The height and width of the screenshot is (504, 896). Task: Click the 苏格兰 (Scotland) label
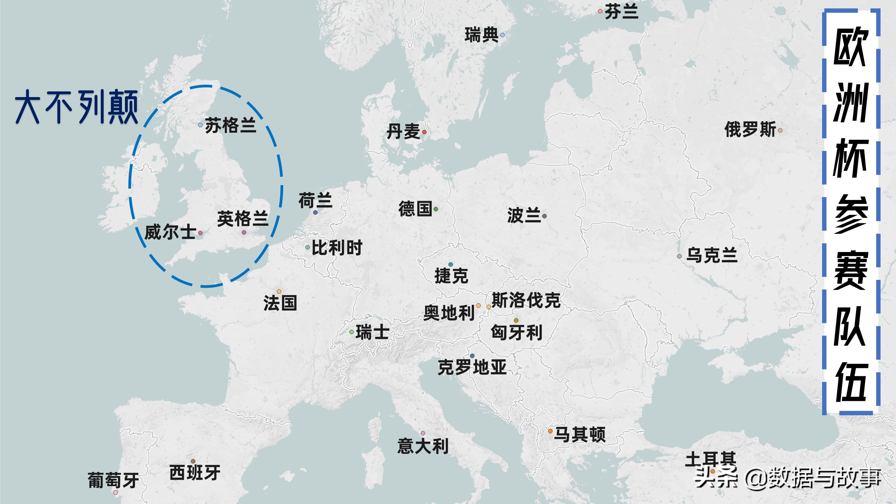pos(230,125)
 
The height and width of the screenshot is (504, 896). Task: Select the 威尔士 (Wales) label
pos(170,232)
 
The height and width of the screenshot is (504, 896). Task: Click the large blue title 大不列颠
pos(77,107)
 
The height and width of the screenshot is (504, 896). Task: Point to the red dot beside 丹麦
pos(424,132)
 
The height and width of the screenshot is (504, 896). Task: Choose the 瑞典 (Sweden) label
pos(481,35)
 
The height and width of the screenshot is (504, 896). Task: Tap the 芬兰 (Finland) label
pos(621,12)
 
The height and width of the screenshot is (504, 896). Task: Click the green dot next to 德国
pos(435,209)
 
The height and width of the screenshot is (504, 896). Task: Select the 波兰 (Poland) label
pos(524,215)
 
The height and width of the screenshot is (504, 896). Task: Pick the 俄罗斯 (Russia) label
pos(750,129)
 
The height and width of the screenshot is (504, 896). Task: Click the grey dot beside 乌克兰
pos(679,256)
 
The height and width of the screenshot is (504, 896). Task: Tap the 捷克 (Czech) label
pos(451,276)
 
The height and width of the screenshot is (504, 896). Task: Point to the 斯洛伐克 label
pos(526,300)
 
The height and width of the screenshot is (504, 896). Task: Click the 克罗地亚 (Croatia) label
pos(472,367)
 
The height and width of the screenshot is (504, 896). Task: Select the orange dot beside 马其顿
pos(550,431)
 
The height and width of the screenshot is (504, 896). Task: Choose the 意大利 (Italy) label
pos(423,446)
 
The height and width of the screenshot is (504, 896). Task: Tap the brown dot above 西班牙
pos(193,462)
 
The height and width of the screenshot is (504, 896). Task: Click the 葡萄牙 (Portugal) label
pos(113,480)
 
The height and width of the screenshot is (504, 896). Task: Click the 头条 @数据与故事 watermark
pos(787,477)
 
